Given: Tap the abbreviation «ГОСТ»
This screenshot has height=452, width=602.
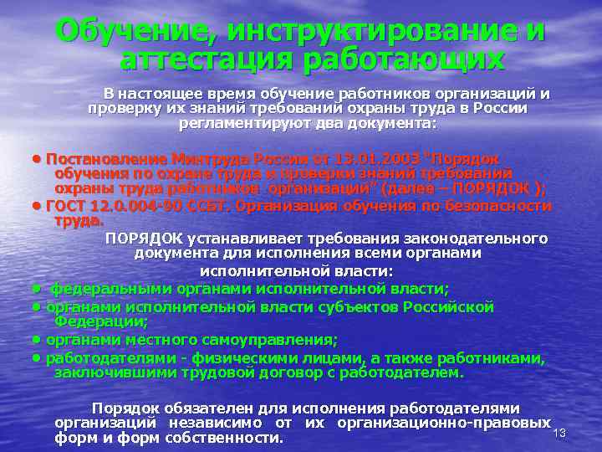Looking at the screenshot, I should click(x=66, y=206).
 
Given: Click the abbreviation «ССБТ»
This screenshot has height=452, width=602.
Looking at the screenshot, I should click(x=212, y=206).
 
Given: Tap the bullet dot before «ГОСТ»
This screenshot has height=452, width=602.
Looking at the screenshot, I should click(x=38, y=206).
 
